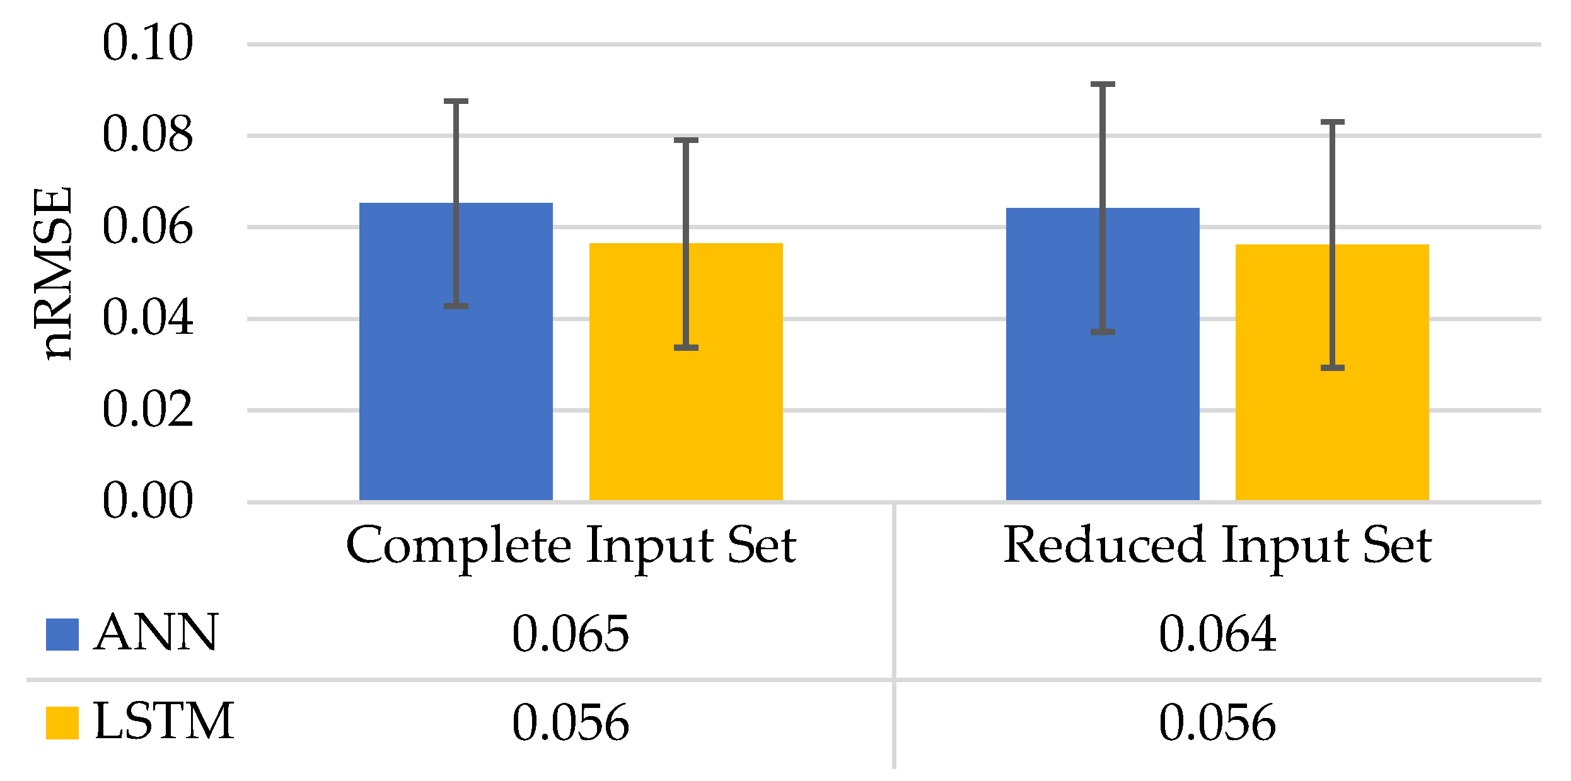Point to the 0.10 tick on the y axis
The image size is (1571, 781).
click(148, 43)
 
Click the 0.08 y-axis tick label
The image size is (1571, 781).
click(148, 135)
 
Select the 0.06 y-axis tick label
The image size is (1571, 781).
click(148, 227)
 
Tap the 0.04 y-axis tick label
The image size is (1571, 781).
click(148, 318)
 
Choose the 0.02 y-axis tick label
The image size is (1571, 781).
click(148, 410)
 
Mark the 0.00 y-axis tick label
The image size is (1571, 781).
click(148, 501)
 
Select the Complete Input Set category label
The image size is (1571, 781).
click(571, 545)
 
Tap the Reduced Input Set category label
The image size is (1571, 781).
click(1217, 545)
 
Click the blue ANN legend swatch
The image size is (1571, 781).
click(62, 634)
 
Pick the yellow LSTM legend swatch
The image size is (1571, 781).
click(62, 722)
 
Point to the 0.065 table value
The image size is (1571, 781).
click(571, 634)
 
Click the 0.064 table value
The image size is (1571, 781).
click(1217, 634)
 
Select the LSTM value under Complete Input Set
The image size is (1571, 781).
click(571, 723)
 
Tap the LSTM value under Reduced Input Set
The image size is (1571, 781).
click(1217, 723)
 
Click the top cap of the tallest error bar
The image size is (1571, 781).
click(1103, 84)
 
